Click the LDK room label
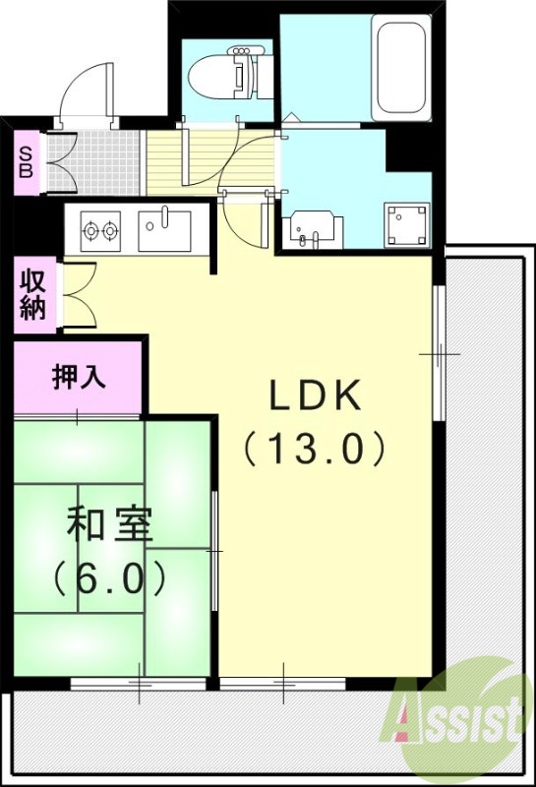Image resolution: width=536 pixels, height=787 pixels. pos(317,396)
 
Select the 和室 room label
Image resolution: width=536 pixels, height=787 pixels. pos(109,526)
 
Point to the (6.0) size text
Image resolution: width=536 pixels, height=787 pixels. pos(109,579)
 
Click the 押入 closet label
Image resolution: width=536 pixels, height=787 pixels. pos(79,377)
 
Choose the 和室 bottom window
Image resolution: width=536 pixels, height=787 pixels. pos(139,682)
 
